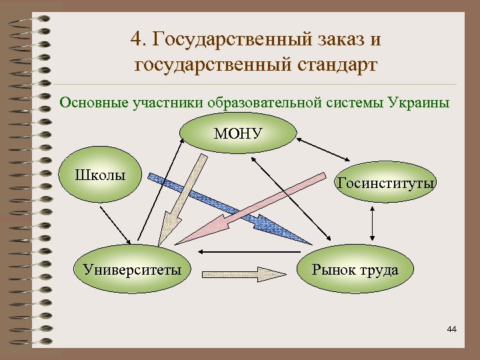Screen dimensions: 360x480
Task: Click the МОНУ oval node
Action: point(238,133)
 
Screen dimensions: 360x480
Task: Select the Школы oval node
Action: point(101,176)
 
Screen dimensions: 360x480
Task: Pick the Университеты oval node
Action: point(132,269)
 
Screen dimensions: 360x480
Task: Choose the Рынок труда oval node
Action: point(355,269)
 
